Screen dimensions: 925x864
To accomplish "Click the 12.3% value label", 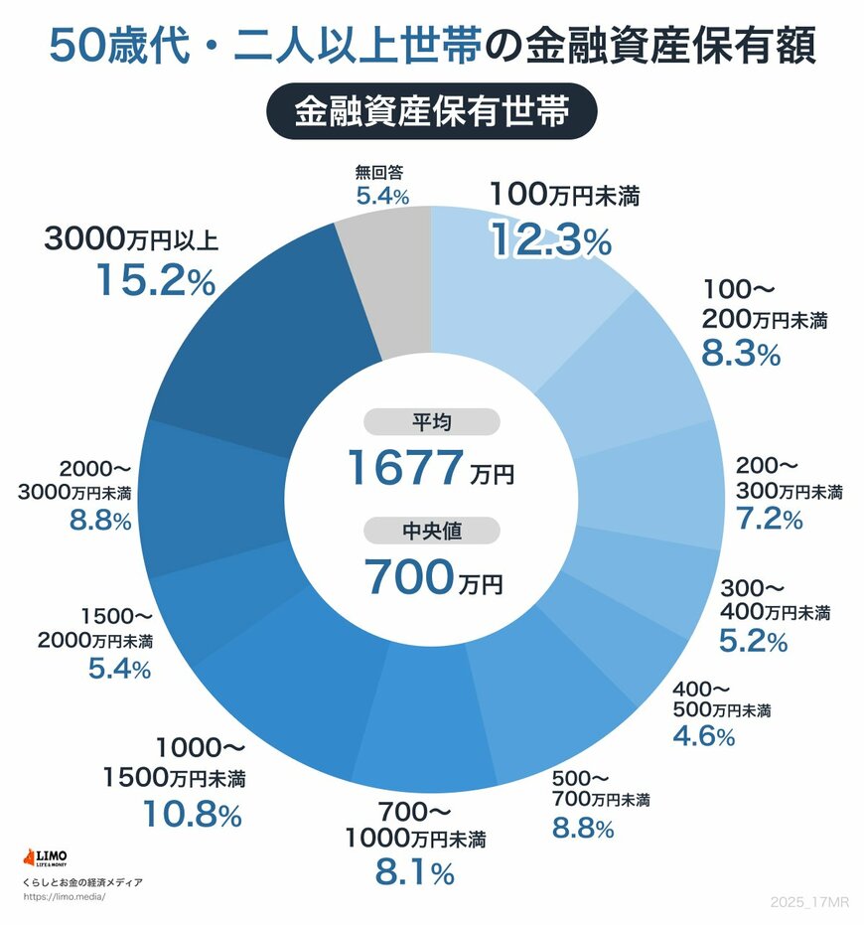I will [x=549, y=239].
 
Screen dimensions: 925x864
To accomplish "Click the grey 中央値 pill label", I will [x=431, y=532].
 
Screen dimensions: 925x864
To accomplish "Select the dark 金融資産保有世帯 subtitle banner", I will [x=431, y=111].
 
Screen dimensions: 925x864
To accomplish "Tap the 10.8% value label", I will [x=191, y=815].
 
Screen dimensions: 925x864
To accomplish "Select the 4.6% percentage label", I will [x=703, y=735].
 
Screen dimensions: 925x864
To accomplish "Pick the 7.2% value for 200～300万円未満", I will [x=769, y=518].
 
